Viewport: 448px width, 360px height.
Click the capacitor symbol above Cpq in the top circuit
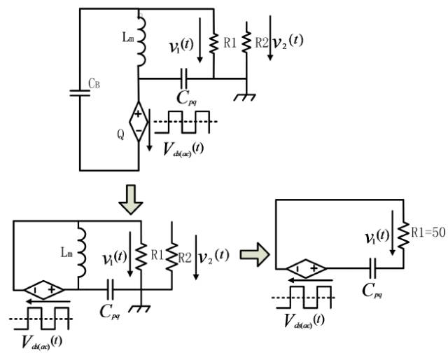click(x=185, y=78)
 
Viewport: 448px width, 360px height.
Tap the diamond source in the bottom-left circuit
click(x=44, y=289)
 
